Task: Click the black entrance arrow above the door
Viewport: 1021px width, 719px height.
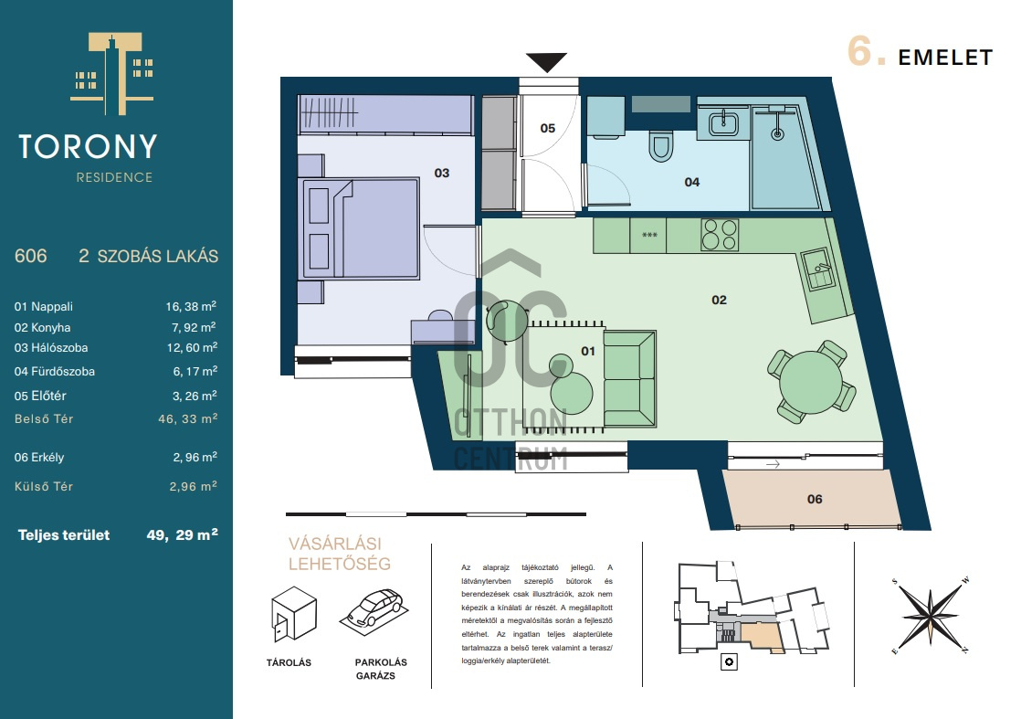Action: [546, 62]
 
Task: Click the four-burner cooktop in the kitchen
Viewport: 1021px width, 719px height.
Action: [720, 235]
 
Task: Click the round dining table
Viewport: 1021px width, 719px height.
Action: [811, 382]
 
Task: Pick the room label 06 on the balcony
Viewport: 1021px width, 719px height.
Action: [815, 499]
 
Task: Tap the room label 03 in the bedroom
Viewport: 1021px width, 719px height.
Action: [441, 173]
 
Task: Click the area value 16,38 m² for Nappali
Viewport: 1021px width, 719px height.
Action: [191, 306]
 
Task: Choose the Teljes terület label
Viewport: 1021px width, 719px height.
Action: [64, 535]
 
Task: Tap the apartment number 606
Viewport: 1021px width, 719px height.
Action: [31, 256]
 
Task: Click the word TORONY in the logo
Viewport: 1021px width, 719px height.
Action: [88, 146]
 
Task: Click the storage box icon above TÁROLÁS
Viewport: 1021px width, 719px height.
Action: [294, 614]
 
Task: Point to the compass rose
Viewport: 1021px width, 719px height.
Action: [930, 615]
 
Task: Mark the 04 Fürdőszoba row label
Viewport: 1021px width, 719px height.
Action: [55, 371]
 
